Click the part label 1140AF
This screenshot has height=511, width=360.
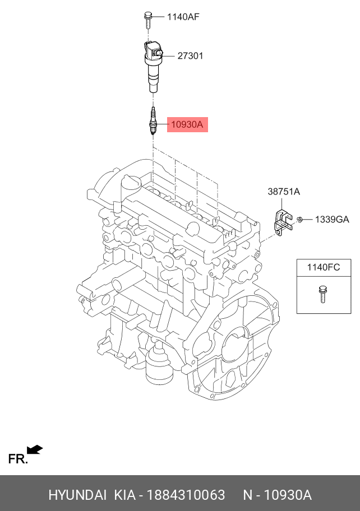[183, 17]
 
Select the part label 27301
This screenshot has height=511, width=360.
[190, 56]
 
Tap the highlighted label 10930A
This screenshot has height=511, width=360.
[187, 124]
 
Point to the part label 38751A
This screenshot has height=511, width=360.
[283, 192]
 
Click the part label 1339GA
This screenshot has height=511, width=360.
[331, 219]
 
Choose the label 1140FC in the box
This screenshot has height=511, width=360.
[323, 267]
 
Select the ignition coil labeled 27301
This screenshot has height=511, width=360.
[153, 64]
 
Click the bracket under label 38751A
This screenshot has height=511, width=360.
[282, 221]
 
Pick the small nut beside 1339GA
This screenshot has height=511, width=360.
[301, 219]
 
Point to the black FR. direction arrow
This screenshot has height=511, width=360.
[35, 449]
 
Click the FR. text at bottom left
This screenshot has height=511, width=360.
[17, 459]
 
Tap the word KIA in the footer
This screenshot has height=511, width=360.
[126, 495]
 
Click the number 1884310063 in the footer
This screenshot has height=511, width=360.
[186, 495]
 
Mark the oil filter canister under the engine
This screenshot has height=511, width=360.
[159, 370]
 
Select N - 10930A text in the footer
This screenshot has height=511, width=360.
[277, 495]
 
